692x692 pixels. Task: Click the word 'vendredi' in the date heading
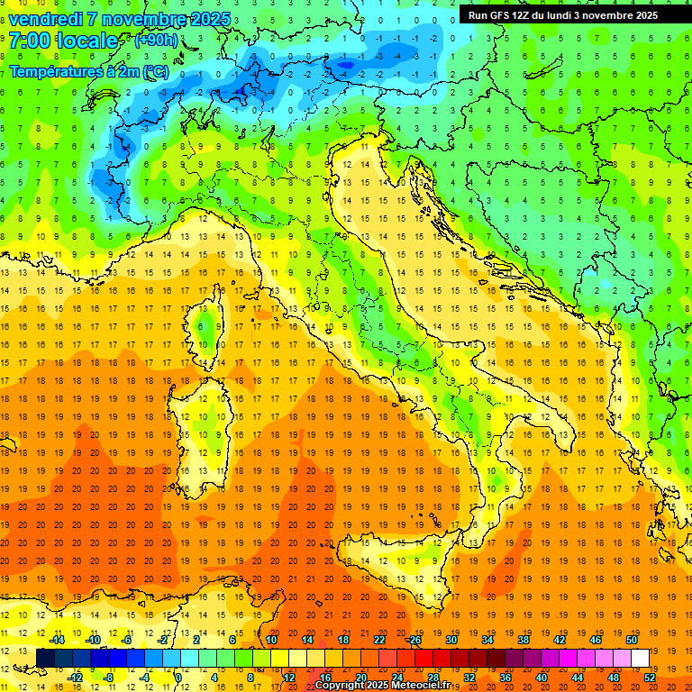point(49,19)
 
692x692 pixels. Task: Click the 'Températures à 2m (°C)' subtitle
point(88,70)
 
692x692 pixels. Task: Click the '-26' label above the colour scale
point(414,640)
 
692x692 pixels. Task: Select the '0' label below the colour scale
point(179,677)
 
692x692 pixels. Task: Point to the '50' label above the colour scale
point(632,640)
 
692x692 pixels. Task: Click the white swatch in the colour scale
point(640,658)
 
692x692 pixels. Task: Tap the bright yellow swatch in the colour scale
point(279,658)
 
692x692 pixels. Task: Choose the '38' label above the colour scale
point(524,640)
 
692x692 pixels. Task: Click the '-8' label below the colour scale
point(109,677)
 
